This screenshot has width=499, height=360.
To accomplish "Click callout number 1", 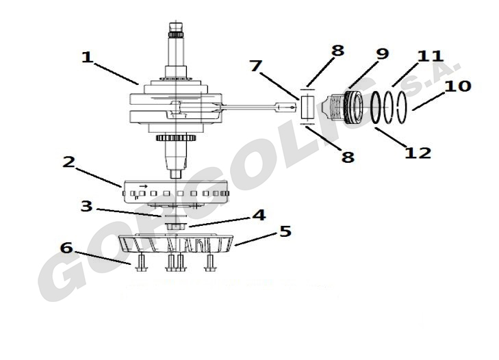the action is (87, 57).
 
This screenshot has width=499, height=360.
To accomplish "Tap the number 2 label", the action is (68, 162).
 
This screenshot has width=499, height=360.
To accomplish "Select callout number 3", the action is (86, 206).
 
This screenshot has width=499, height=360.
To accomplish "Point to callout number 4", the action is (259, 215).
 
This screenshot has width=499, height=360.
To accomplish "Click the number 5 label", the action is (285, 231).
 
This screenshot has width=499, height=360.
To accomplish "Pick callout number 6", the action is (66, 248).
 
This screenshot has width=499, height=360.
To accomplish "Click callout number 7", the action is (256, 66).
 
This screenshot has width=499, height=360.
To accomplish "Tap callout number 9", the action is (383, 54).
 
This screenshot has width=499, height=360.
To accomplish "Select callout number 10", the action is (458, 86).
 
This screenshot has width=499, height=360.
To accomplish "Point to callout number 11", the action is (431, 56).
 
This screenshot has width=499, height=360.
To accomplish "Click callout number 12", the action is (418, 153).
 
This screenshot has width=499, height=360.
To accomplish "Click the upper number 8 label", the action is (337, 51).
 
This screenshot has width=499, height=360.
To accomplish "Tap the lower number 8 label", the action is (348, 157).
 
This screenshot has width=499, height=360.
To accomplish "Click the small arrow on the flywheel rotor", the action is (144, 186).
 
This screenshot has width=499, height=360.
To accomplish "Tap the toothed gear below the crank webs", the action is (175, 138).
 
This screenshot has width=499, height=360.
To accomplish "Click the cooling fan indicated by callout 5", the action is (176, 244).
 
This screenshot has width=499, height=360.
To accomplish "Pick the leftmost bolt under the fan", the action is (141, 263).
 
